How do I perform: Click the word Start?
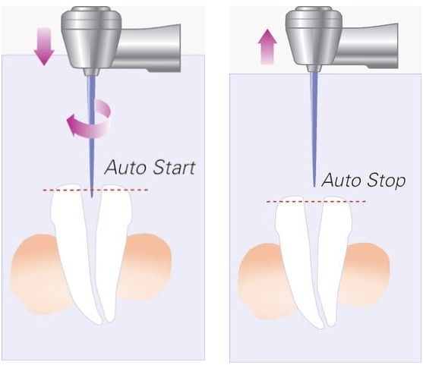click(173, 168)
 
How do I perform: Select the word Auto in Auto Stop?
click(341, 180)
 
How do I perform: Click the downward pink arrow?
click(44, 46)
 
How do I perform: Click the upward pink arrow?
click(267, 47)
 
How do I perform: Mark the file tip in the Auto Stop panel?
click(314, 187)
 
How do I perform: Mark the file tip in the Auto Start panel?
click(92, 197)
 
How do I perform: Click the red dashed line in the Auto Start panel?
click(96, 190)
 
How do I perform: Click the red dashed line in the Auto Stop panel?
click(316, 201)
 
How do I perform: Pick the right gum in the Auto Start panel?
click(144, 267)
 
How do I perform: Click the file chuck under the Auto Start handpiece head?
click(91, 72)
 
